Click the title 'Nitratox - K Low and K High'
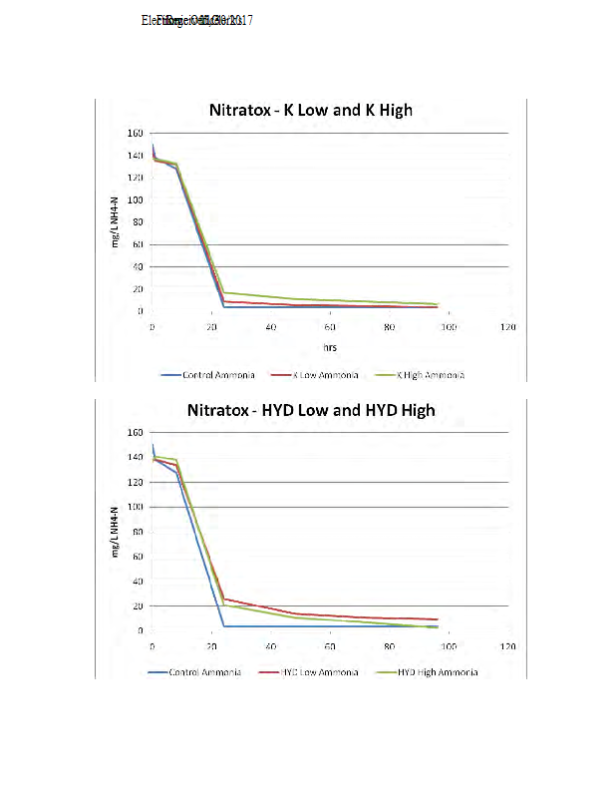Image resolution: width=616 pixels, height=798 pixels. pyautogui.click(x=310, y=110)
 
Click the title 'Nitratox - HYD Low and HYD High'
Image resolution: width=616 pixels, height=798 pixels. pyautogui.click(x=310, y=410)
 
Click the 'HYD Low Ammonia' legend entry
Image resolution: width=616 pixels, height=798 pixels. pyautogui.click(x=319, y=672)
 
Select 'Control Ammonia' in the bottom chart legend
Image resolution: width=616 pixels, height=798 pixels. pyautogui.click(x=204, y=672)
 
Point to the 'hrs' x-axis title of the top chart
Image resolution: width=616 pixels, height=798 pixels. pyautogui.click(x=330, y=348)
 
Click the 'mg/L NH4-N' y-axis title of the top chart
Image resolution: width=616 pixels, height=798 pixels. pyautogui.click(x=116, y=221)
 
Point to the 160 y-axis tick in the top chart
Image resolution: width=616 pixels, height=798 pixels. pyautogui.click(x=134, y=133)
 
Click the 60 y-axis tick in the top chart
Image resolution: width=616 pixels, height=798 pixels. pyautogui.click(x=137, y=244)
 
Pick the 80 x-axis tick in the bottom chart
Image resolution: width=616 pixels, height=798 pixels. pyautogui.click(x=390, y=646)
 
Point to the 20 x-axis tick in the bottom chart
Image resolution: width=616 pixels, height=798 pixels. pyautogui.click(x=211, y=646)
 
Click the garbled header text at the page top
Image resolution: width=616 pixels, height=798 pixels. pyautogui.click(x=196, y=20)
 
